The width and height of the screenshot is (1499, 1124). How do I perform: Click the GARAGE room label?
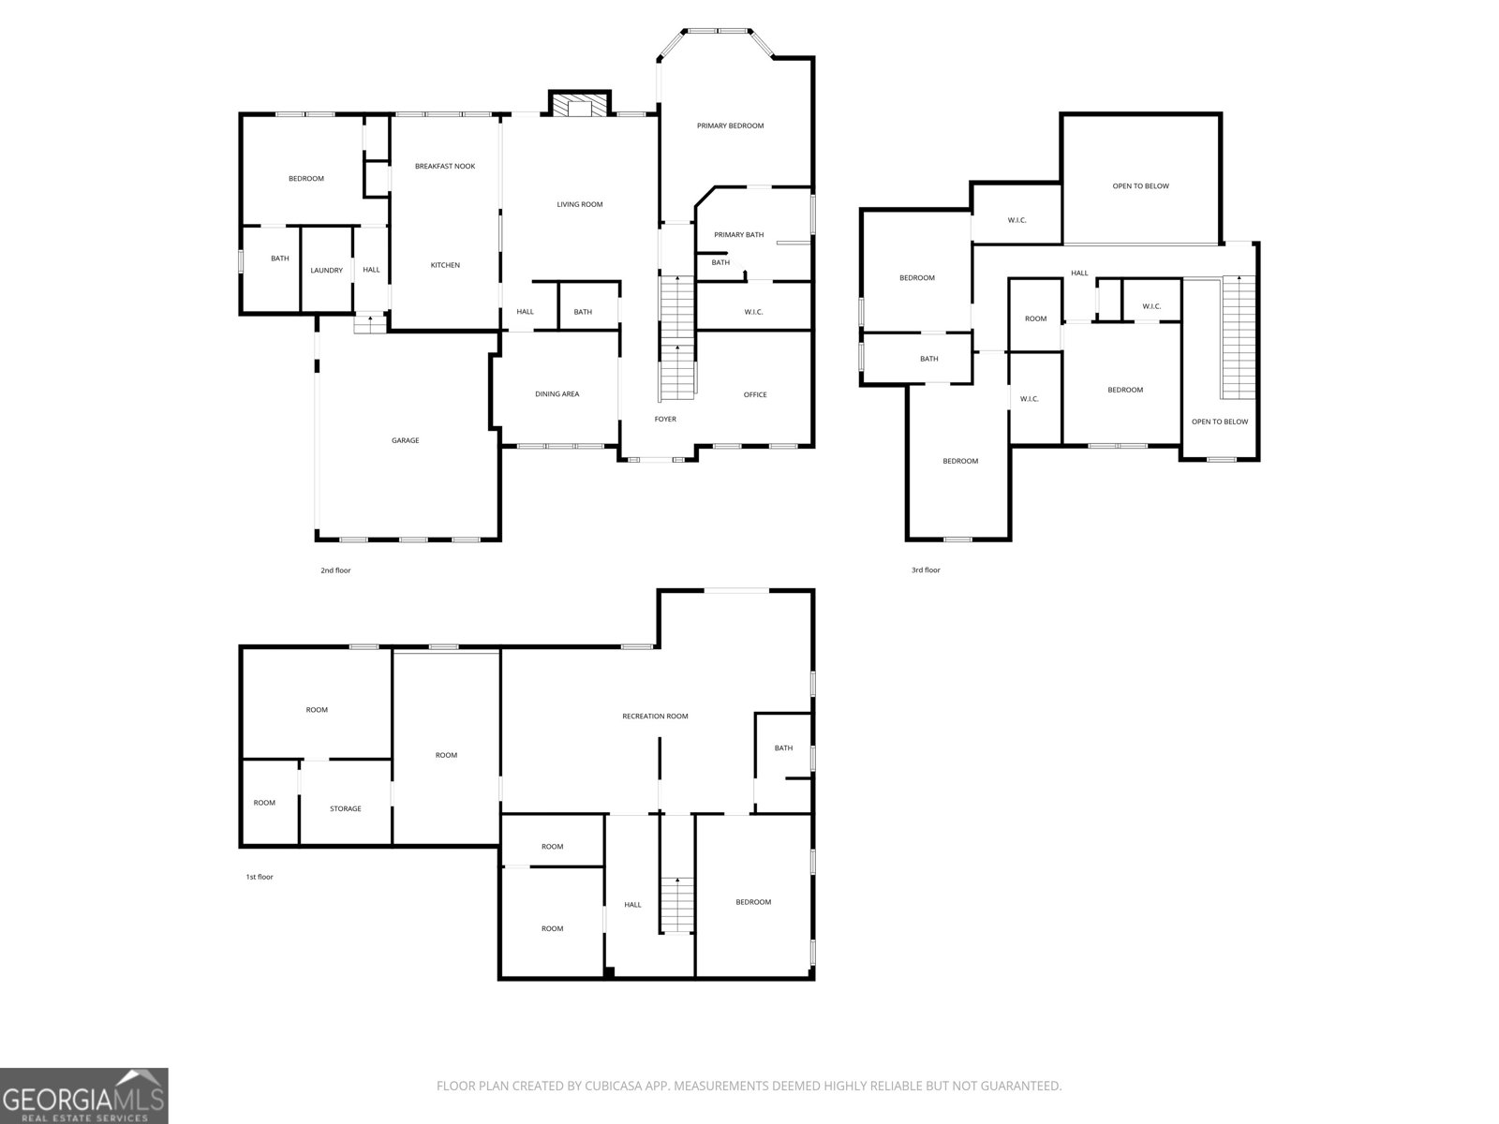[x=405, y=441]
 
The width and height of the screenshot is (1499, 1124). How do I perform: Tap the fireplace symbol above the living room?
[x=580, y=105]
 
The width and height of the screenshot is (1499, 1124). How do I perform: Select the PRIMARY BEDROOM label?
[x=730, y=126]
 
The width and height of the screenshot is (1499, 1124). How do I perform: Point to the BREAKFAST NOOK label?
[x=445, y=167]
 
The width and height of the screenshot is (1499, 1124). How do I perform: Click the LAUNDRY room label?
[x=326, y=271]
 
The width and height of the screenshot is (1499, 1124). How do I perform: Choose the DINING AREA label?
[x=557, y=393]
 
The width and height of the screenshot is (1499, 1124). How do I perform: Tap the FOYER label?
[x=665, y=419]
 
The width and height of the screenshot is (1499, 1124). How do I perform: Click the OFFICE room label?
[x=754, y=394]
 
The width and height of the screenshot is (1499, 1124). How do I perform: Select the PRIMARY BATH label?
[x=739, y=235]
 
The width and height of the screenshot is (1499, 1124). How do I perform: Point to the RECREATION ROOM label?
[x=655, y=716]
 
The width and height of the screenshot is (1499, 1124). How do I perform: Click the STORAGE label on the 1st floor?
[x=346, y=808]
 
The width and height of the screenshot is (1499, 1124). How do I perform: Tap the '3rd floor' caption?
[x=926, y=569]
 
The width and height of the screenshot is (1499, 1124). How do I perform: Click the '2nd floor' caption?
[x=335, y=569]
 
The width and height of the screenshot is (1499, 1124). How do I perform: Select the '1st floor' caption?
[x=260, y=877]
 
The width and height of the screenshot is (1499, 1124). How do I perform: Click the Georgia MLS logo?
[x=84, y=1095]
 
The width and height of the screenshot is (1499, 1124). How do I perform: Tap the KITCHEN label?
[x=445, y=265]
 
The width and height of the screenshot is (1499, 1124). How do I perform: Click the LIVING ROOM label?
[x=580, y=204]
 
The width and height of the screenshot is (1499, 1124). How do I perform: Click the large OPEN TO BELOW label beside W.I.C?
[x=1140, y=185]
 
